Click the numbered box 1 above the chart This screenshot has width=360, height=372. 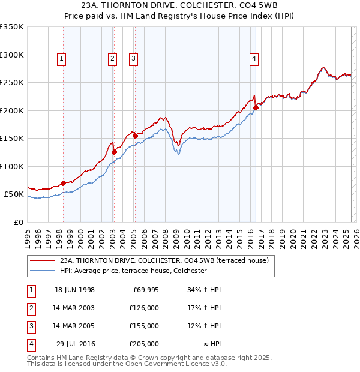click(62, 58)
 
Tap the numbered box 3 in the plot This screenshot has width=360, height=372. click(133, 58)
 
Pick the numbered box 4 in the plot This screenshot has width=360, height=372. click(254, 58)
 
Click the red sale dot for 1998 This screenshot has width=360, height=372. click(63, 183)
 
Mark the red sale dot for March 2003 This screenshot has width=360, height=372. click(113, 152)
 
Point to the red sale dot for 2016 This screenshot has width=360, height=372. click(256, 108)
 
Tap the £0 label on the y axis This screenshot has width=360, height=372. click(17, 222)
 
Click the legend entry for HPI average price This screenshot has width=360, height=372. click(133, 271)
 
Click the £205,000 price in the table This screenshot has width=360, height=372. click(144, 344)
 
